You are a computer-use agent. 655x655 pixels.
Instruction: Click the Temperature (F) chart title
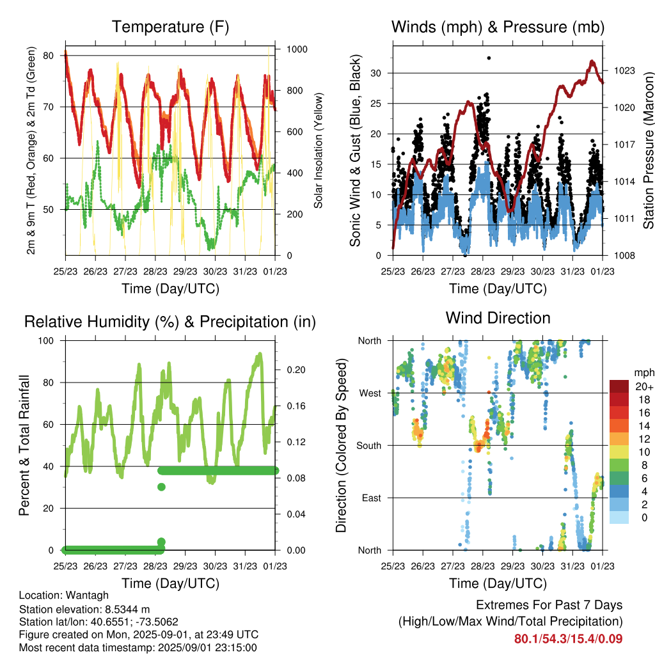(x=170, y=27)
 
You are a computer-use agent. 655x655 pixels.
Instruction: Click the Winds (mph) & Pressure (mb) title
(x=498, y=27)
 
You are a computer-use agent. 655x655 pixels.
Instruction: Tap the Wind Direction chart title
(x=498, y=318)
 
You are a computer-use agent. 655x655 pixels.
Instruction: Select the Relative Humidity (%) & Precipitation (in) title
(x=170, y=322)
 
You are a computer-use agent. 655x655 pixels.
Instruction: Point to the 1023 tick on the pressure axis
(x=624, y=70)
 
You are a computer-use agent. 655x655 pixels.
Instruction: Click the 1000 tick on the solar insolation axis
(x=297, y=49)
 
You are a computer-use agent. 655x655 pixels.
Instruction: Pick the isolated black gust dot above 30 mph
(x=489, y=58)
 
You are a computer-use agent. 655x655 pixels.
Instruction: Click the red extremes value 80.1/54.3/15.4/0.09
(x=568, y=639)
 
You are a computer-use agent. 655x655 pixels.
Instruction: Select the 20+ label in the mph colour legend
(x=644, y=387)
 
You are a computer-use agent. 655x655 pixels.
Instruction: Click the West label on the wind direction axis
(x=370, y=393)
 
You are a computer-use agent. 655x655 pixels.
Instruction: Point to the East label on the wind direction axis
(x=372, y=498)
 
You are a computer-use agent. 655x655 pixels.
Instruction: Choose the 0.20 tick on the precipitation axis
(x=296, y=370)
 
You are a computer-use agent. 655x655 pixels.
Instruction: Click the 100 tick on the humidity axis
(x=46, y=341)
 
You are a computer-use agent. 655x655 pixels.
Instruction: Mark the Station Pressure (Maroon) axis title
(x=648, y=150)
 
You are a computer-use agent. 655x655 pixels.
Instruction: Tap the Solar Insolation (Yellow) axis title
(x=319, y=150)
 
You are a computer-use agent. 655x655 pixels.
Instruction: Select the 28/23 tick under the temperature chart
(x=155, y=271)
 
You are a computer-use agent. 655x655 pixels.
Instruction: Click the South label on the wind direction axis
(x=369, y=446)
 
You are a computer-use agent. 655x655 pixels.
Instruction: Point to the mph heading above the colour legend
(x=644, y=373)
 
